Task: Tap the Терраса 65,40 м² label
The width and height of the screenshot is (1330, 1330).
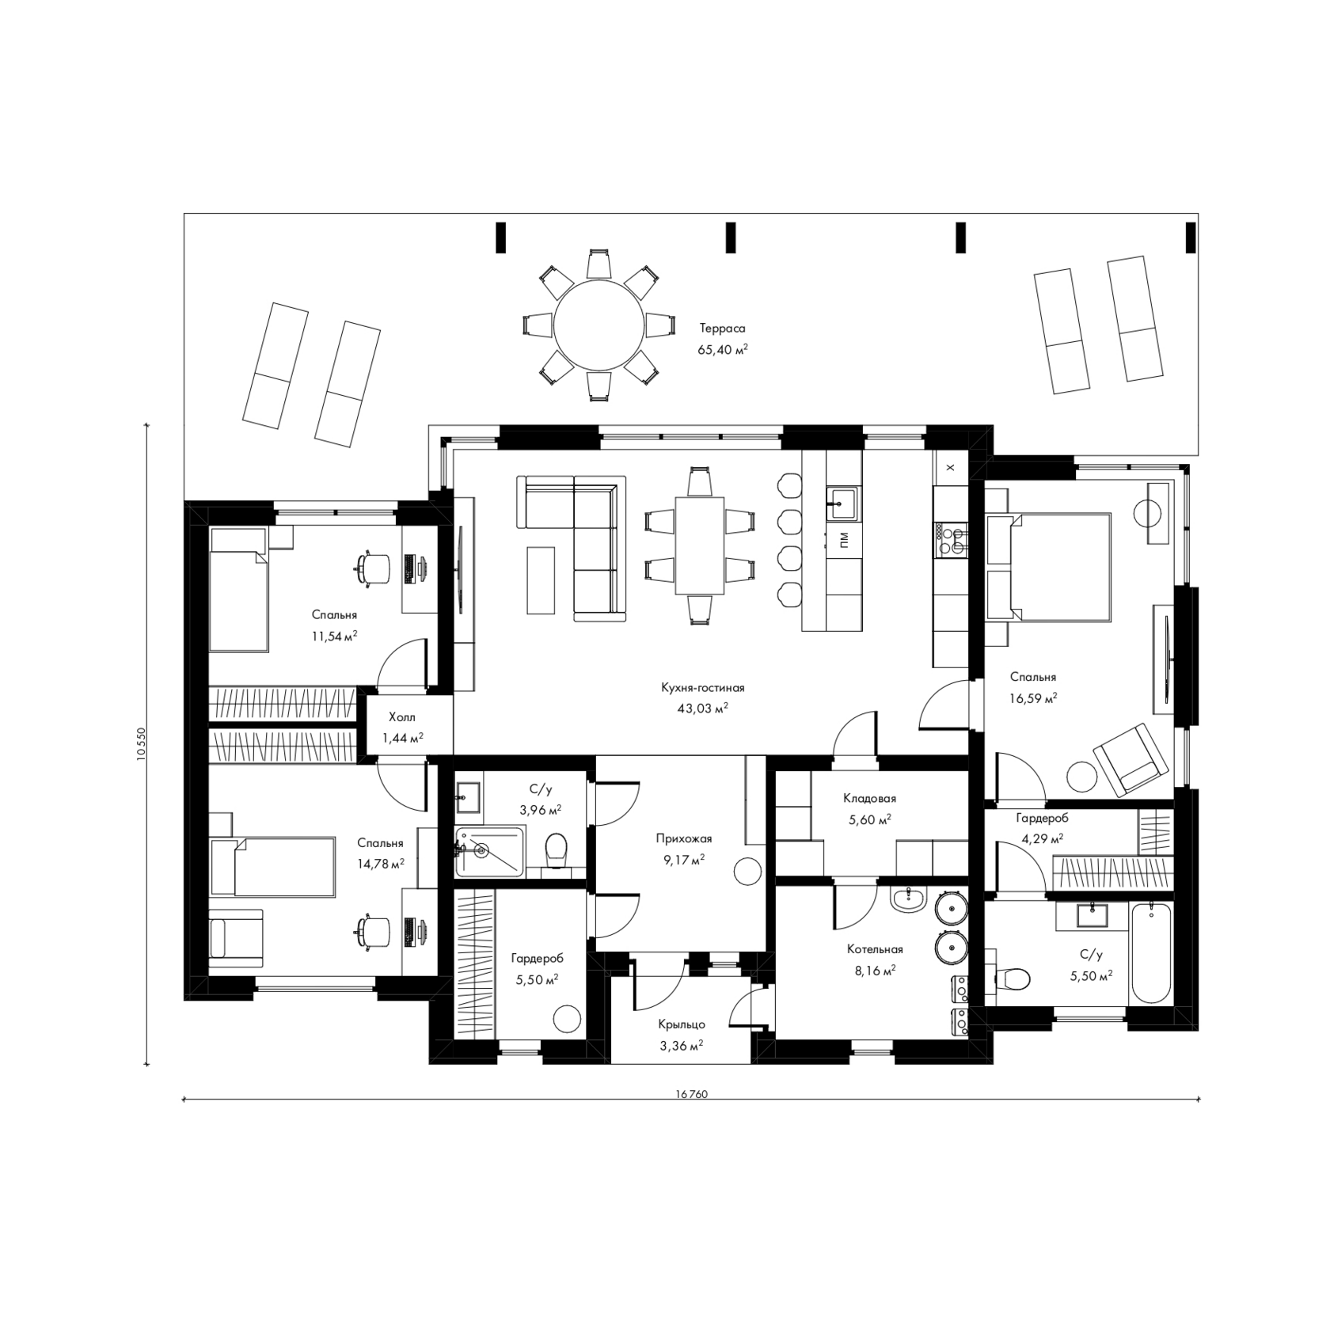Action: point(722,338)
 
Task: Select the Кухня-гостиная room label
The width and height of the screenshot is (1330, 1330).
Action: point(703,688)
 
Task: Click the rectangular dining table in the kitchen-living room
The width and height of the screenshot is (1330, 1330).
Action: point(699,545)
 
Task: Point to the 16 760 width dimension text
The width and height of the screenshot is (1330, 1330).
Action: point(691,1095)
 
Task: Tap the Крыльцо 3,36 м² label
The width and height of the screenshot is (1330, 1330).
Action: point(681,1035)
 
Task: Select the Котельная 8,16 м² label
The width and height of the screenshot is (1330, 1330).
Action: point(874,958)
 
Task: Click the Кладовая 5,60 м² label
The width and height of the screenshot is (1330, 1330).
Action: point(869,809)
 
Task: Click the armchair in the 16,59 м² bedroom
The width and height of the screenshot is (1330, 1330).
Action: point(1130,758)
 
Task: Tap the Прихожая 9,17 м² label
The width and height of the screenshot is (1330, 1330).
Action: point(684,848)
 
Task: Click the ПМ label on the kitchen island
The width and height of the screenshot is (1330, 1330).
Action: point(843,540)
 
